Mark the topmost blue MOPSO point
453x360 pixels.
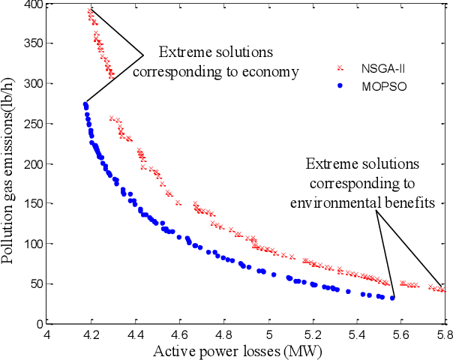[85, 104]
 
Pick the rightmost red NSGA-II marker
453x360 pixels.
[443, 290]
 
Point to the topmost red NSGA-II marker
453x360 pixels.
[90, 10]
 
